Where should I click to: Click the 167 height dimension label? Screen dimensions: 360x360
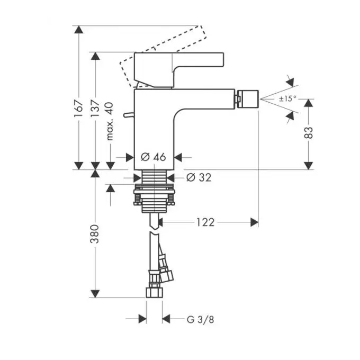(78, 109)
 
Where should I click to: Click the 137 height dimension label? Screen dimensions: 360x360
(95, 109)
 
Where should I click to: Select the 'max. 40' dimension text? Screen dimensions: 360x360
(110, 121)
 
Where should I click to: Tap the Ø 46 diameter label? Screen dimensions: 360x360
(153, 157)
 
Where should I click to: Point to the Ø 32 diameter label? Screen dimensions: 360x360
(199, 177)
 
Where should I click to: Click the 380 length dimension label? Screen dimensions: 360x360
(95, 234)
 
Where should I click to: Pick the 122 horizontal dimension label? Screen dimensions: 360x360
(205, 222)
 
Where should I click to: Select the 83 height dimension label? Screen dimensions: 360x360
(308, 133)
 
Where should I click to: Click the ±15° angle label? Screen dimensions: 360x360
(287, 98)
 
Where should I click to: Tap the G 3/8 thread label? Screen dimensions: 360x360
(201, 320)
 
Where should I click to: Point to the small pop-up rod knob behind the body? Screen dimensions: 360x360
(129, 114)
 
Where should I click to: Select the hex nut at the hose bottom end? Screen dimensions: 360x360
(154, 292)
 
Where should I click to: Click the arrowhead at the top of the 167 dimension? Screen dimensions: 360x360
(79, 30)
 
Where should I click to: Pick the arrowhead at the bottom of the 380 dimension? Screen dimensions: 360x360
(95, 294)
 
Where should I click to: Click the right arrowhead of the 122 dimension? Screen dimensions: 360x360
(255, 222)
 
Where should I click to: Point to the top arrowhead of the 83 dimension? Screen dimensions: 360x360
(308, 103)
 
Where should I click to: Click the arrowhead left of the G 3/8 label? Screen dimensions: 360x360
(142, 319)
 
